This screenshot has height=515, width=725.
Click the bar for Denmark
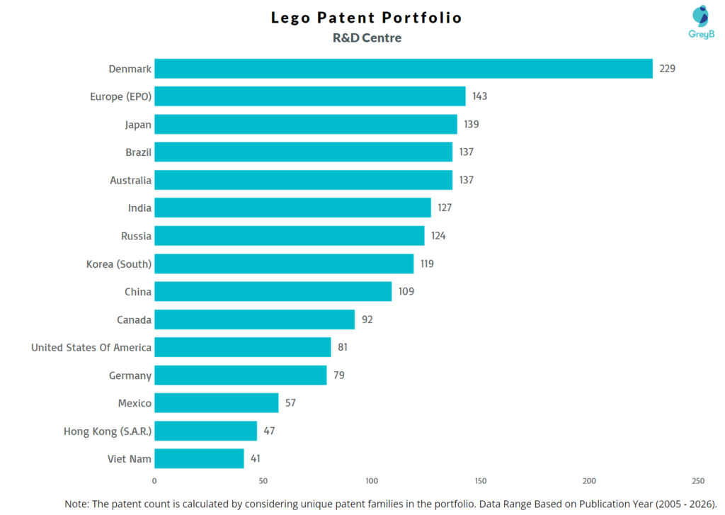tap(404, 69)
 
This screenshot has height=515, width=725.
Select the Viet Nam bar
tap(199, 458)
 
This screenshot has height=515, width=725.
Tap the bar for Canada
tap(254, 319)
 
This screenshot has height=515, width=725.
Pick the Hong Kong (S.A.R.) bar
tap(205, 431)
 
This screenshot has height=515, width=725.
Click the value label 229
tap(668, 69)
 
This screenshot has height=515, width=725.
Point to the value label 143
tap(480, 96)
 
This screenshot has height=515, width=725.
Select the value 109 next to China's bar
tap(406, 291)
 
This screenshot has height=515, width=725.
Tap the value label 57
tap(290, 402)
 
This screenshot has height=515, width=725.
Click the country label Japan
tap(138, 125)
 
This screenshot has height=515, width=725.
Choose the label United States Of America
tap(91, 347)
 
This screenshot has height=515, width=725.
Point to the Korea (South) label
tap(118, 264)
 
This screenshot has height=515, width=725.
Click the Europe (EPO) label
tap(120, 96)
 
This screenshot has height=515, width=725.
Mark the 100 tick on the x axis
tap(372, 481)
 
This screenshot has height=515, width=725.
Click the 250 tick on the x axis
tap(698, 481)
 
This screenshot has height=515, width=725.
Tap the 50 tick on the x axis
tap(263, 481)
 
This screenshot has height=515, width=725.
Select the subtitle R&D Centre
tap(367, 38)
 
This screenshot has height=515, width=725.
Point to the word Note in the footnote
tap(77, 503)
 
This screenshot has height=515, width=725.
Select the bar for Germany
tap(241, 375)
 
